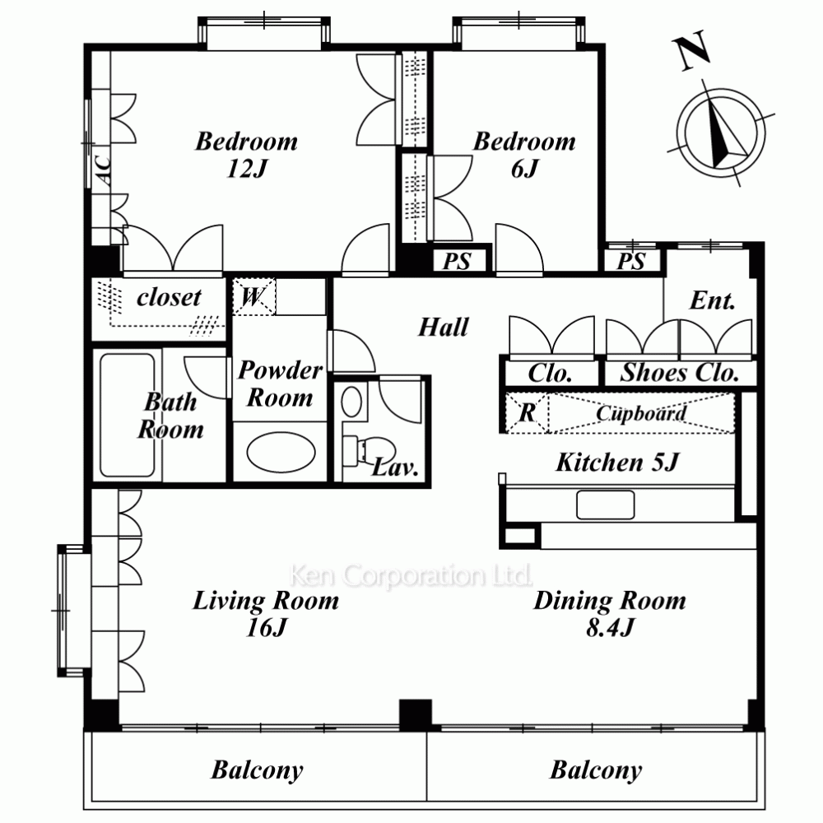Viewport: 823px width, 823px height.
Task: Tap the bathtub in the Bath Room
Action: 128,415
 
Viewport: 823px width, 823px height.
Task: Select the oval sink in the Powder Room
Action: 281,452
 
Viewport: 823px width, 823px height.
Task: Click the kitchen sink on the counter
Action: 605,504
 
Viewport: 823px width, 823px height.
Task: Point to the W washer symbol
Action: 253,296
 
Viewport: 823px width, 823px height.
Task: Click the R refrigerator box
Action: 527,412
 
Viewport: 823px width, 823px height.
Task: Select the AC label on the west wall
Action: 103,169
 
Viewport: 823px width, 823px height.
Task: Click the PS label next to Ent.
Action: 631,261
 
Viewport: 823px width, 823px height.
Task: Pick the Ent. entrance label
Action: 712,300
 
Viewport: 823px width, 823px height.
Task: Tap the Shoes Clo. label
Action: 679,372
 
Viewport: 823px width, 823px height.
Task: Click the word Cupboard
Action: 640,413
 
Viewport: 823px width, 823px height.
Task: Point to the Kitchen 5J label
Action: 617,463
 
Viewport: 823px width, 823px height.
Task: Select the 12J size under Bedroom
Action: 247,169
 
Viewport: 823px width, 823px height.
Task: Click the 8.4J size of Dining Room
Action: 610,627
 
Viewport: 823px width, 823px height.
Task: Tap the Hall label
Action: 443,327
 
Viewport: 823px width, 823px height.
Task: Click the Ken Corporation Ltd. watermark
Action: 411,575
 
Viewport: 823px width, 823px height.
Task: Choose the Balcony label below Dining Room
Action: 596,770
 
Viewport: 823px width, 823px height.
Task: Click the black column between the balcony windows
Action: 416,715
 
